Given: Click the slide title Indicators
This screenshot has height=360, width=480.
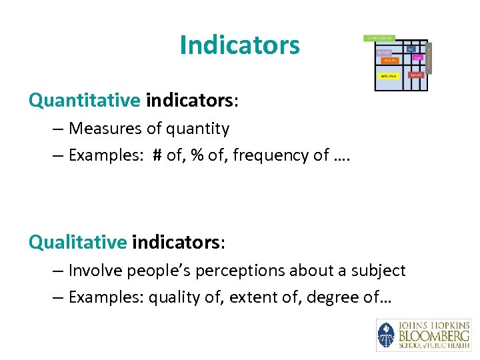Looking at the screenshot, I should tap(239, 45).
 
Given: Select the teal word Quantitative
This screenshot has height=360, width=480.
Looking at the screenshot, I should tap(84, 100).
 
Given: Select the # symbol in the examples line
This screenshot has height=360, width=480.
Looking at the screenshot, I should tap(157, 155).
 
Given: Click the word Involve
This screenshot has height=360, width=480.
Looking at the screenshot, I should tap(95, 270).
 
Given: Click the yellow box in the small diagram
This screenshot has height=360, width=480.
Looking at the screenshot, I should tap(388, 76).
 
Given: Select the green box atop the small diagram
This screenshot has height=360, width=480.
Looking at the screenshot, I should tap(379, 38).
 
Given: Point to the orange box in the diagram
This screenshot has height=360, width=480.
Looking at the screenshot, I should tap(390, 61).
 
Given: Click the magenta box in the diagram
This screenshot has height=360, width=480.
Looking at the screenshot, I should tap(417, 58).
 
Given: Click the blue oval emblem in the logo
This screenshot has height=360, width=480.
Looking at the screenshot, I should tap(385, 335).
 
